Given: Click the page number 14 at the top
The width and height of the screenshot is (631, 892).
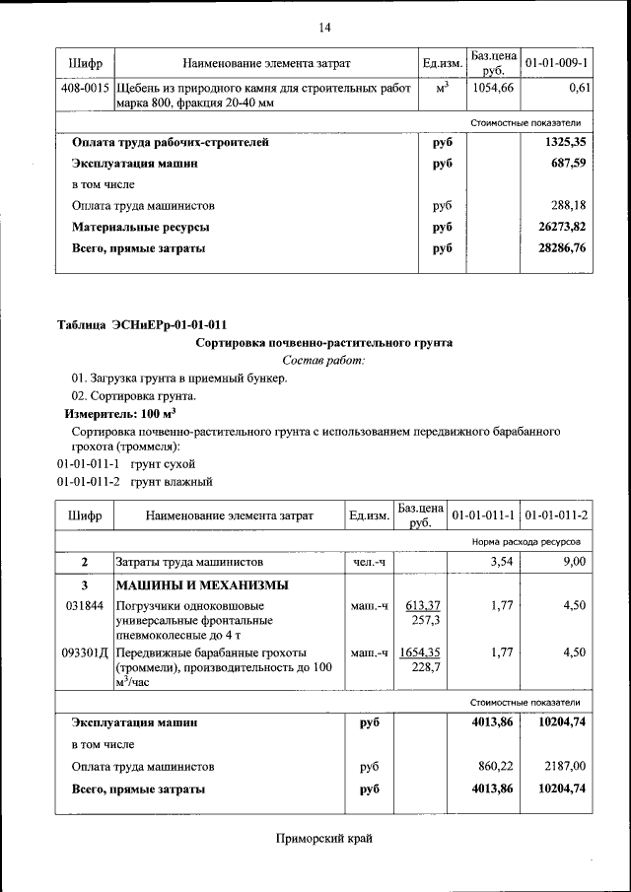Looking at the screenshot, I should click(324, 27).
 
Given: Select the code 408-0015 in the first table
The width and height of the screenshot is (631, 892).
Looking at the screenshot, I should click(84, 89).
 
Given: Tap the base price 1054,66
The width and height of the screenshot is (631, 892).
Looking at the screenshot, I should click(493, 89).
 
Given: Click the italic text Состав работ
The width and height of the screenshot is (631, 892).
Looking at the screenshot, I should click(323, 361).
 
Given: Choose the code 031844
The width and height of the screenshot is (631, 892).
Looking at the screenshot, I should click(84, 605).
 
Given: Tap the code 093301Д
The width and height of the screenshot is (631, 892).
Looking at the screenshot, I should click(85, 653).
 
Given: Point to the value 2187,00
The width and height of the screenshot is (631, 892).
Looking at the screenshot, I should click(565, 766).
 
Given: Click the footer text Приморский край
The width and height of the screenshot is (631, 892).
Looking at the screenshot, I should click(324, 839).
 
